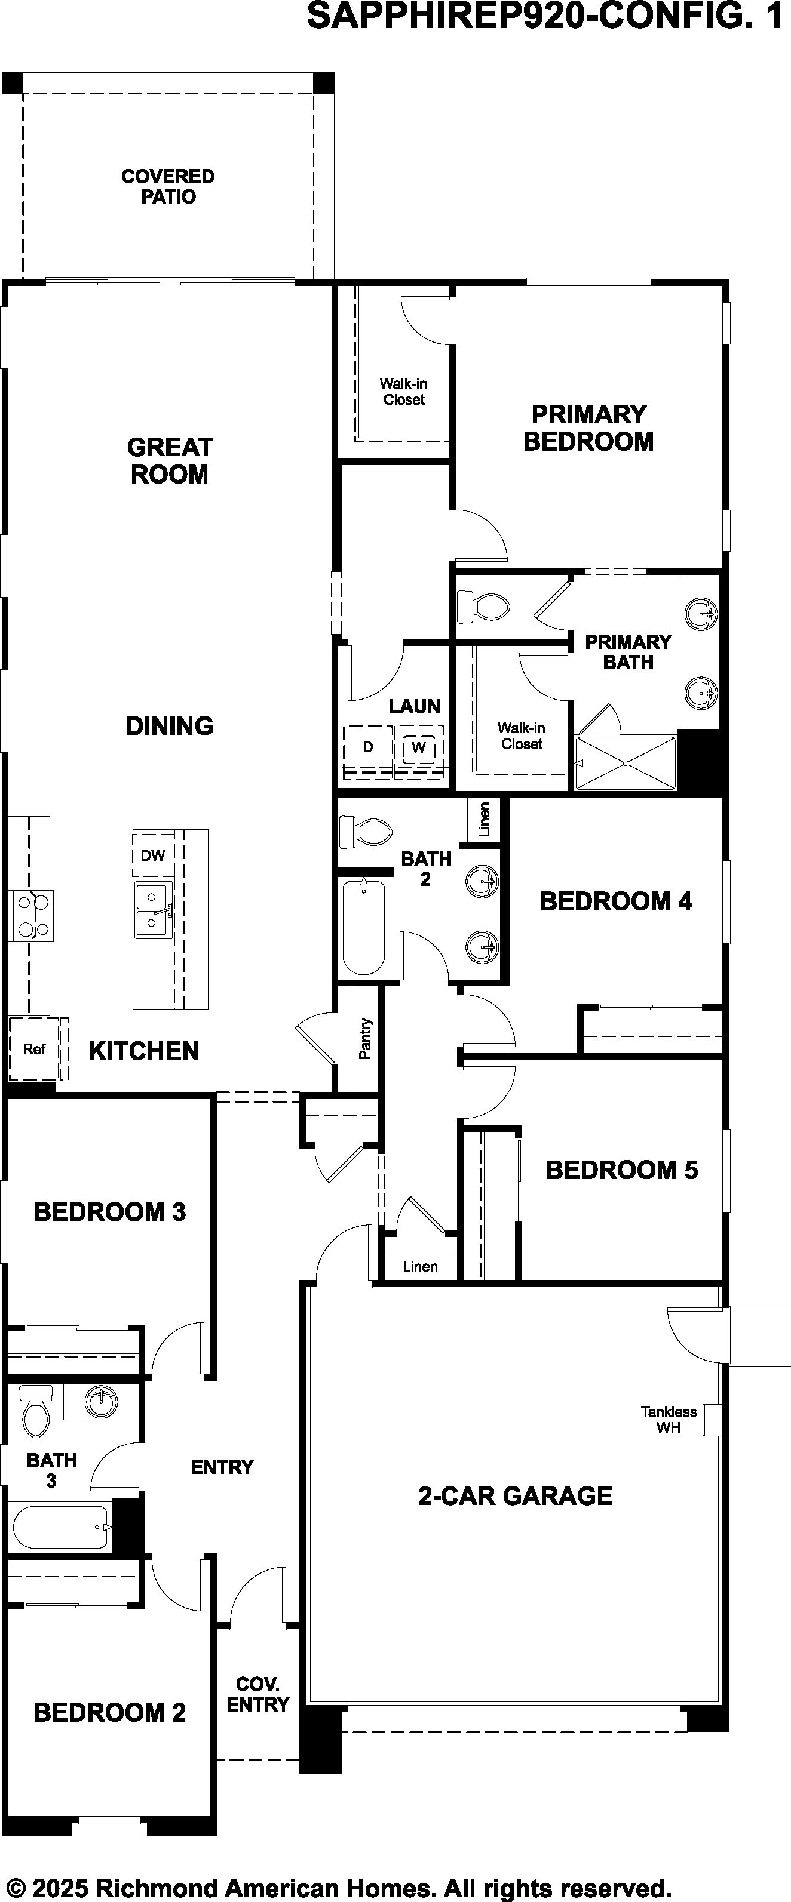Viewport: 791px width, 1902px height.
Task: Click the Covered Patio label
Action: click(x=168, y=186)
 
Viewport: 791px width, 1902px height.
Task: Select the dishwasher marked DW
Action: click(x=153, y=855)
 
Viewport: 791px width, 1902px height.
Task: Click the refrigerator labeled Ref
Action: click(x=34, y=1048)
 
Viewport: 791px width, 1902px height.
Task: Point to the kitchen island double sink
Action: click(x=154, y=910)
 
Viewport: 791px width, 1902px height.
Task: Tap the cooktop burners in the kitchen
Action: click(x=31, y=916)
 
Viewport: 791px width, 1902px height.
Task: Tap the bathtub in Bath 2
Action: click(x=363, y=926)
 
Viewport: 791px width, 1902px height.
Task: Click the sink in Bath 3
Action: click(x=100, y=1400)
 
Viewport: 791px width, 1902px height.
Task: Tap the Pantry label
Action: click(x=366, y=1039)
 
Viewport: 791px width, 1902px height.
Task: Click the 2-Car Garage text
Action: click(x=516, y=1495)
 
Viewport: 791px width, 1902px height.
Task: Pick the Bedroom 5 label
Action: click(x=621, y=1169)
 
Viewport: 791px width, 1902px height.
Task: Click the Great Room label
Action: click(x=170, y=460)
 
